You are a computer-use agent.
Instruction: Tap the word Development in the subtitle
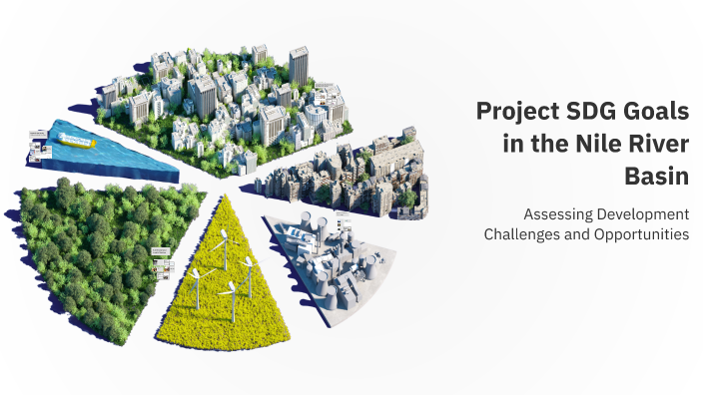point(645,214)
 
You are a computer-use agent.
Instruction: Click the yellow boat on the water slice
point(76,142)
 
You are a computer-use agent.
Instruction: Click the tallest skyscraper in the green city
point(298,65)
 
